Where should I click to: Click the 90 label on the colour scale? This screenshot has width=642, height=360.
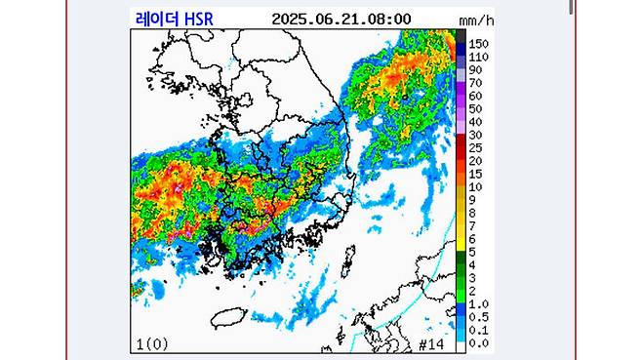pos(476,70)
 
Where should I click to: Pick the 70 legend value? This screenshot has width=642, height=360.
pos(476,84)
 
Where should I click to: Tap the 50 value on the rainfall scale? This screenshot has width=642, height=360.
pos(476,109)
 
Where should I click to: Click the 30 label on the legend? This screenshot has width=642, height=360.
pos(476,135)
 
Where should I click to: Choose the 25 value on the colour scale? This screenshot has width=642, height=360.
pos(476,147)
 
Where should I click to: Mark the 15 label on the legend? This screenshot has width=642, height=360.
pos(476,174)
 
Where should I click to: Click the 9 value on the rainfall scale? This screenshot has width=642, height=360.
pos(473,199)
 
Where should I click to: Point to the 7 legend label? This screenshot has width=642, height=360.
pos(473,225)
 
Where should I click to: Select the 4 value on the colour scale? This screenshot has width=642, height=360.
pos(473,264)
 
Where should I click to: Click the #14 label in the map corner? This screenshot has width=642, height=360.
pos(430,343)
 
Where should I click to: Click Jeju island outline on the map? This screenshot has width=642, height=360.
pos(227,316)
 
